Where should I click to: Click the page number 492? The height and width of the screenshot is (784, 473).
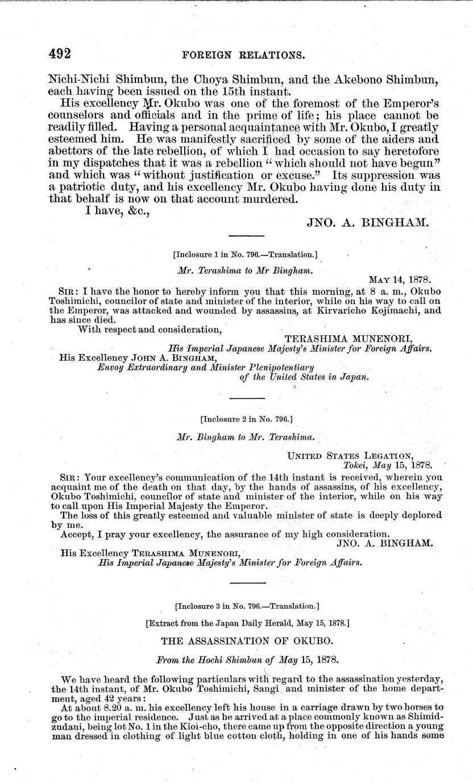59,55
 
